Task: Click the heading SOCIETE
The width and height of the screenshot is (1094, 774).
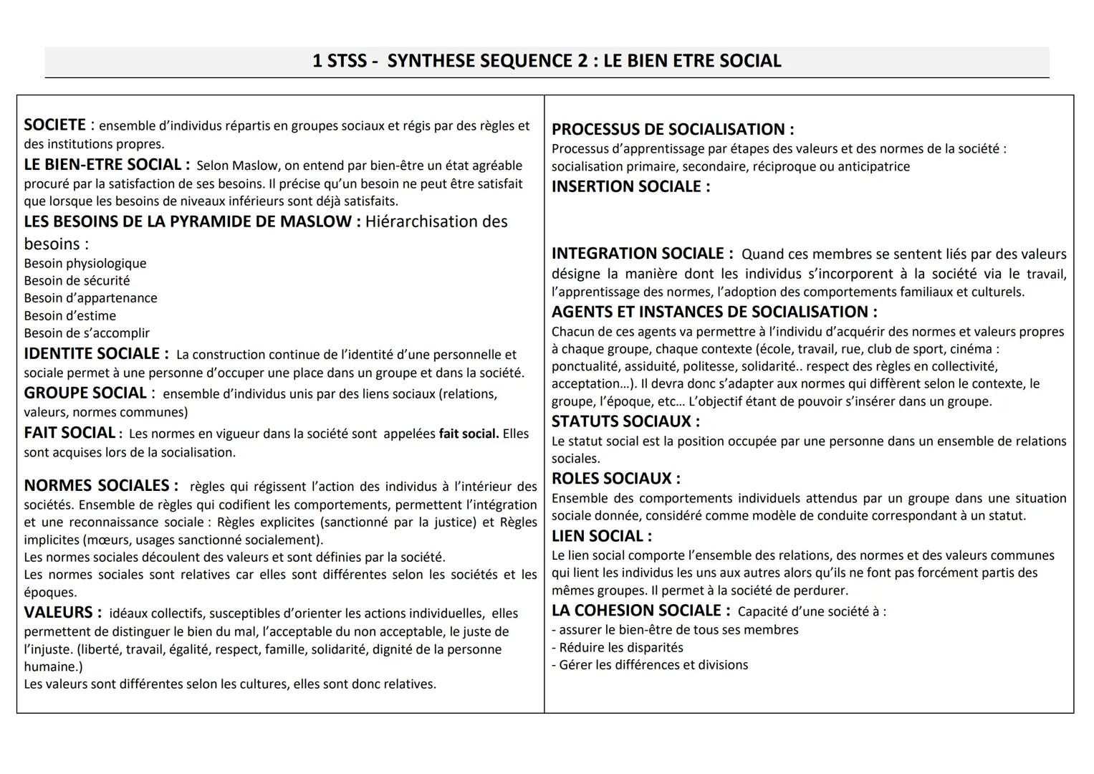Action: [54, 125]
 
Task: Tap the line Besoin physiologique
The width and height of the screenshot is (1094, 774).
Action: [85, 264]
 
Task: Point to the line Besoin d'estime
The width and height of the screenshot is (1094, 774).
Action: [69, 316]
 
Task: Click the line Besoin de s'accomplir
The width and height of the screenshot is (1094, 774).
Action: [87, 333]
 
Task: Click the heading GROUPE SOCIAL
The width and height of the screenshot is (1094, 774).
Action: [85, 393]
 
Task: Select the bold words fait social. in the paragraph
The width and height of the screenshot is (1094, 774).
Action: [469, 434]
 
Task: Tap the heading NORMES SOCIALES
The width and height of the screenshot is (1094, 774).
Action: [96, 486]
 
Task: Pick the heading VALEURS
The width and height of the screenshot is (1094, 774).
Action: [58, 613]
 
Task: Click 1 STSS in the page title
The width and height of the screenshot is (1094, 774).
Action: [338, 61]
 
